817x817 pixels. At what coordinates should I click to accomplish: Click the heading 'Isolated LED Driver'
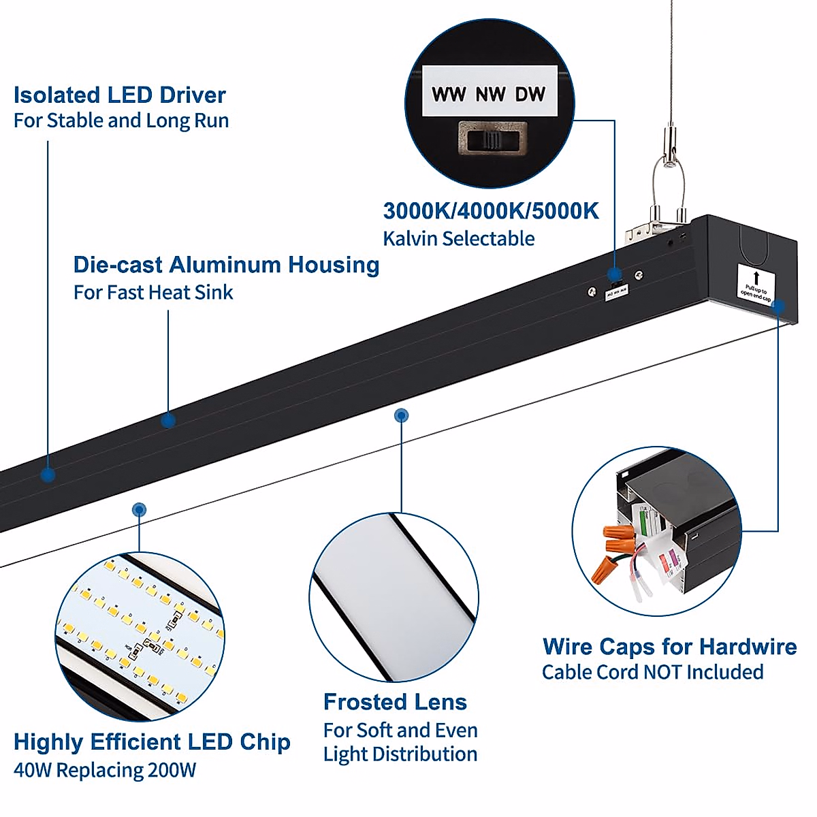(x=120, y=95)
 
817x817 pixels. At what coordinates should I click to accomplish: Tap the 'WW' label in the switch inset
(x=448, y=95)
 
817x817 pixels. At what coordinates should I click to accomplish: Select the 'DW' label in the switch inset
(x=530, y=95)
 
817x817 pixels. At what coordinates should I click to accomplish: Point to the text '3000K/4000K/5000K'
(x=491, y=211)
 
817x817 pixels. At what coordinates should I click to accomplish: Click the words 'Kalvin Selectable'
(x=458, y=239)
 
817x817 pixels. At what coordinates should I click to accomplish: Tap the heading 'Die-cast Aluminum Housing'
(x=226, y=265)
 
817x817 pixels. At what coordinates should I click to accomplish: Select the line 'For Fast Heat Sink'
(x=153, y=293)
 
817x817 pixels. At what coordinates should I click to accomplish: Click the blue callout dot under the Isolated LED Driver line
(x=48, y=475)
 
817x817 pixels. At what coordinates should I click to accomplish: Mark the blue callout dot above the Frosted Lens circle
(x=402, y=415)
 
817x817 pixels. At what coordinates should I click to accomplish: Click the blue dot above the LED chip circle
(x=139, y=509)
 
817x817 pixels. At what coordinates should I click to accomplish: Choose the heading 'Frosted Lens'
(x=395, y=702)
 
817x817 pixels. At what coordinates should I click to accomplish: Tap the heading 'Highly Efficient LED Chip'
(x=152, y=742)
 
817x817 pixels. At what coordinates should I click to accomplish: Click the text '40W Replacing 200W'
(x=105, y=771)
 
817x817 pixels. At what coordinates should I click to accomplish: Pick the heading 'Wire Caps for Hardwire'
(x=669, y=647)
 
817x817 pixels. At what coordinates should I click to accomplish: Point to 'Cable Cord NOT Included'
(x=652, y=673)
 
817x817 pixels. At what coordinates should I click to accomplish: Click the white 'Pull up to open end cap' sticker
(x=756, y=285)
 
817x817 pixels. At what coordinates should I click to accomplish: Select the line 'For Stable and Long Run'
(x=121, y=121)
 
